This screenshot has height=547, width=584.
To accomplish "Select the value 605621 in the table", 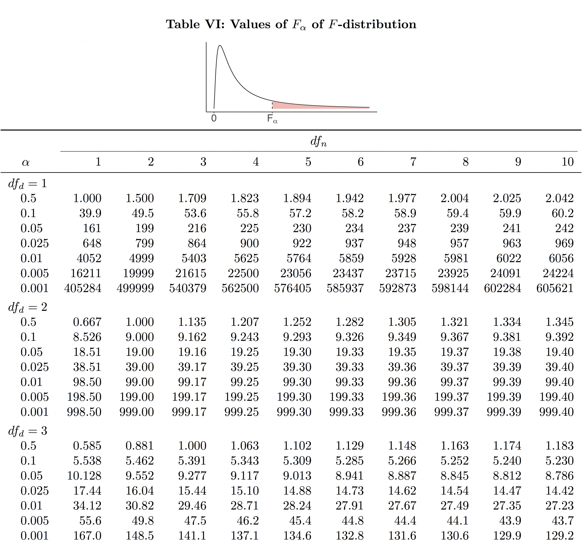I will pyautogui.click(x=555, y=288).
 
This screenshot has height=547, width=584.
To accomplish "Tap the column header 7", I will pyautogui.click(x=413, y=162).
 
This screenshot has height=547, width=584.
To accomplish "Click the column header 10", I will pyautogui.click(x=567, y=162).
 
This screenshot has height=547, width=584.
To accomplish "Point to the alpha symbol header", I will pyautogui.click(x=26, y=162).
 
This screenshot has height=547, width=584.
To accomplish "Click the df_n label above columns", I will pyautogui.click(x=319, y=141).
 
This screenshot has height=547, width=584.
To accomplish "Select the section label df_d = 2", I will pyautogui.click(x=28, y=307).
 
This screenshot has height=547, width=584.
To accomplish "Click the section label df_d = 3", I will pyautogui.click(x=28, y=431).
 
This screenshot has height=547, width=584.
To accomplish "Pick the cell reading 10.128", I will pyautogui.click(x=84, y=476).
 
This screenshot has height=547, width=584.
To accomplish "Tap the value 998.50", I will pyautogui.click(x=84, y=412).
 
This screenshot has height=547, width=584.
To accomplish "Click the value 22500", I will pyautogui.click(x=243, y=273).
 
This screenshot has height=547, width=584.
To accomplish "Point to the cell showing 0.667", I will pyautogui.click(x=87, y=322).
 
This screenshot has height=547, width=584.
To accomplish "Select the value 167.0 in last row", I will pyautogui.click(x=87, y=536).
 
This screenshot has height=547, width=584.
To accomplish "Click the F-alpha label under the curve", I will pyautogui.click(x=272, y=119).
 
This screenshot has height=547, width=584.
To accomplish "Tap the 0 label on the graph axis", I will pyautogui.click(x=214, y=118).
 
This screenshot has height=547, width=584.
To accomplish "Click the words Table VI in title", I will pyautogui.click(x=195, y=24).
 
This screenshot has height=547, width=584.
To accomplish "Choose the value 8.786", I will pyautogui.click(x=559, y=476).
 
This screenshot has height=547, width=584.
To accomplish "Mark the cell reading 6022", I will pyautogui.click(x=508, y=258).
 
